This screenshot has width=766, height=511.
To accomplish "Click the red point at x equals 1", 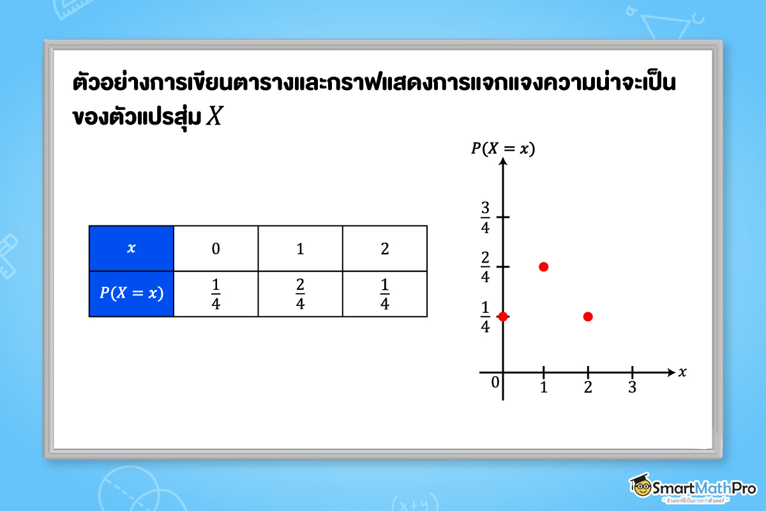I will (x=543, y=266).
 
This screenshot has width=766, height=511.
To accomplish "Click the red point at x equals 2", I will (x=588, y=317).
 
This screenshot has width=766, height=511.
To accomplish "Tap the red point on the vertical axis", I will (x=503, y=316).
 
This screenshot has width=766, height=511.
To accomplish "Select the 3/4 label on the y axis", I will (x=485, y=217).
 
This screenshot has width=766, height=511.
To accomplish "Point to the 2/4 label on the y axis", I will (x=485, y=267).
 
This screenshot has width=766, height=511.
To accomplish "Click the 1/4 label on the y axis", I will (x=485, y=317).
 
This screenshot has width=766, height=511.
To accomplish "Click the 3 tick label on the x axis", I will (x=632, y=387).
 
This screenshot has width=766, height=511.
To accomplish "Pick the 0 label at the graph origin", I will (x=495, y=383).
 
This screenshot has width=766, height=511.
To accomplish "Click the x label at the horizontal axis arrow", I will (x=682, y=372).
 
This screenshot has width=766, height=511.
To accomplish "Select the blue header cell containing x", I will (x=131, y=248).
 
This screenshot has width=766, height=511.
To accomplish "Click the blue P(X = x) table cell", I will (x=131, y=294).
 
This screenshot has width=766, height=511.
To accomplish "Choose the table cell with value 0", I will (x=216, y=248).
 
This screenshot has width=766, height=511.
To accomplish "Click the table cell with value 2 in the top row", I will (x=384, y=248).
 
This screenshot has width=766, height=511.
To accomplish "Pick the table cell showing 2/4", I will (x=300, y=294).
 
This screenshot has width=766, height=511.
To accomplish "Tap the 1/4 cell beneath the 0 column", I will (x=216, y=294).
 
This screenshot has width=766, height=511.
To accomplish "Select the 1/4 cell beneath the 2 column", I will (x=384, y=294).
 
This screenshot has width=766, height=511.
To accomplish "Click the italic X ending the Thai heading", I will (x=214, y=118).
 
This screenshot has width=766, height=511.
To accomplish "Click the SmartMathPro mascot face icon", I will (x=640, y=487).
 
